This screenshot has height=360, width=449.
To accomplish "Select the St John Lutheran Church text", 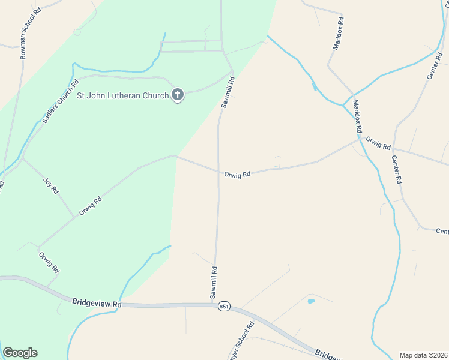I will point(122,95).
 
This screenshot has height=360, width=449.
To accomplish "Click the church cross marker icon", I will point(178,94).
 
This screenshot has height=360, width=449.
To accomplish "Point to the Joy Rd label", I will point(52,185).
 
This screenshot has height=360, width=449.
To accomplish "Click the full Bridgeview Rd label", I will point(97,304).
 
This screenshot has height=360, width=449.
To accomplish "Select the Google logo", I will point(20,353).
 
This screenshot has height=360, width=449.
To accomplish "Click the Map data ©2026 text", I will point(423,355).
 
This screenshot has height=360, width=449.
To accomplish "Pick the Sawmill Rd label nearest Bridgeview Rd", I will point(214,283).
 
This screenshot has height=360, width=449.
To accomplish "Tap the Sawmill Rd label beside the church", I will point(228,92).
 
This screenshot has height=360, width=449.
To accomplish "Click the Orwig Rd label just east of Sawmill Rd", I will point(237,174).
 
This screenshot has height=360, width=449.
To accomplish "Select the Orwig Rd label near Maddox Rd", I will point(378,144).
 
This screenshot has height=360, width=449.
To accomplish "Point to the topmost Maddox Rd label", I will point(339,33).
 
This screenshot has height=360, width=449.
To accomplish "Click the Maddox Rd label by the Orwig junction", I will point(358,116).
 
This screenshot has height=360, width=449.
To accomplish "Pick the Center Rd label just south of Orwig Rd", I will point(396,169).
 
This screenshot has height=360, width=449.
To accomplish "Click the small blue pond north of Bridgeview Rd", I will point(311,301).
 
